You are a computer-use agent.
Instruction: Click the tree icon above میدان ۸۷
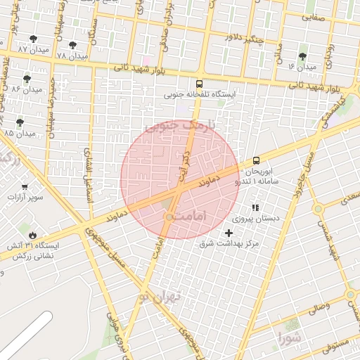point(33,39)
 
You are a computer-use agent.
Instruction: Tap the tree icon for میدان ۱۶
point(303,56)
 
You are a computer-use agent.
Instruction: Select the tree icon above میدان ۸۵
point(20,122)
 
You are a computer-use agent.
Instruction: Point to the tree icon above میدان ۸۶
point(27,79)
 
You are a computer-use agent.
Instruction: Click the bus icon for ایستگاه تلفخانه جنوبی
point(200,82)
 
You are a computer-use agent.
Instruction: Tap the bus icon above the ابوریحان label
point(255,160)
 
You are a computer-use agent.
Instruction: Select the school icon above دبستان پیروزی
point(255,208)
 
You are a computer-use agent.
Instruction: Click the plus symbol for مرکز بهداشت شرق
point(228,233)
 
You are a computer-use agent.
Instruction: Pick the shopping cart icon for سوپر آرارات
point(25,188)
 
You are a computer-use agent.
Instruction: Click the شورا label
point(288,335)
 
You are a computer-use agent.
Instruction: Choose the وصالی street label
point(314,307)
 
